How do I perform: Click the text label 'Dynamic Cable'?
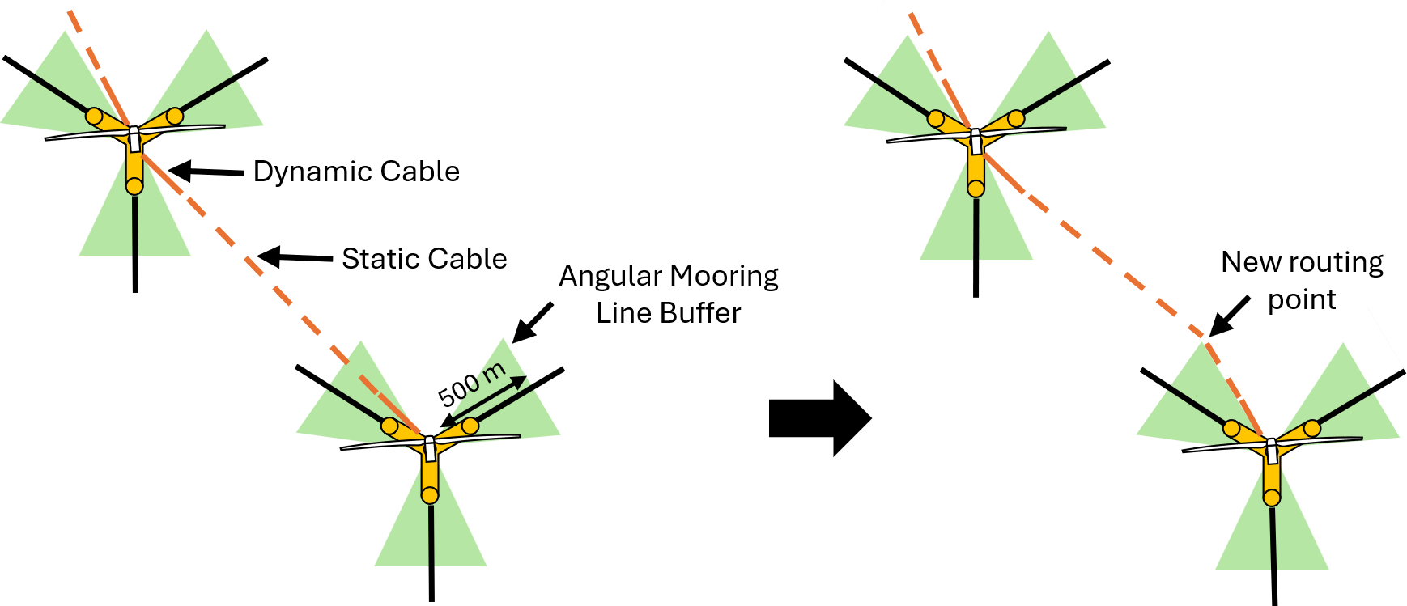(x=356, y=172)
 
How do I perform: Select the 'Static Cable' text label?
(x=424, y=259)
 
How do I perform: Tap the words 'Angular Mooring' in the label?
(x=669, y=276)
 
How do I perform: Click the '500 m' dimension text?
(x=471, y=384)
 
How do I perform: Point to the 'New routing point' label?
(x=1302, y=280)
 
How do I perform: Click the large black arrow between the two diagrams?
(x=819, y=418)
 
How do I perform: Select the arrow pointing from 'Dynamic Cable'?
(x=206, y=171)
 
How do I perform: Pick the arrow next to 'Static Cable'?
(x=295, y=257)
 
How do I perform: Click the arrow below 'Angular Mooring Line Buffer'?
(x=533, y=322)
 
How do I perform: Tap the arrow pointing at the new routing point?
(x=1229, y=316)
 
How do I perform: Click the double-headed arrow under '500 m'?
(x=483, y=400)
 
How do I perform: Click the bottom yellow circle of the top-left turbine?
(x=134, y=186)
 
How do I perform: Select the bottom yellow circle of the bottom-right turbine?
(x=1272, y=497)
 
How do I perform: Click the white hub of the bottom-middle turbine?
(x=430, y=447)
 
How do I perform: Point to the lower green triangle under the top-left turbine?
(x=134, y=227)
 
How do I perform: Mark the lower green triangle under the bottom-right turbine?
(x=1272, y=538)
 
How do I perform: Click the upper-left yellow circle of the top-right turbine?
(x=936, y=119)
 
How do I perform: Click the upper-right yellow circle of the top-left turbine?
(x=175, y=116)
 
